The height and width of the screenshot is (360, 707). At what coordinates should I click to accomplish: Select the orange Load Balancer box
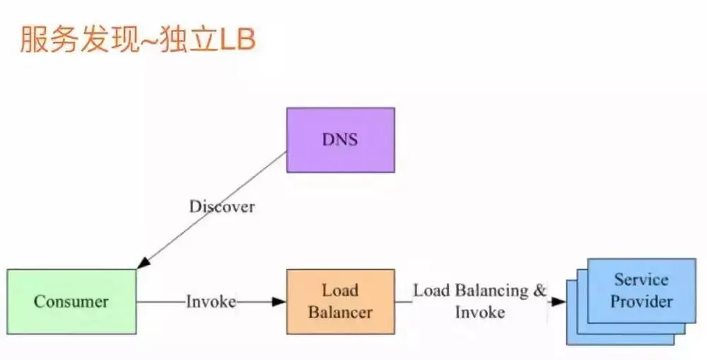[x=340, y=301]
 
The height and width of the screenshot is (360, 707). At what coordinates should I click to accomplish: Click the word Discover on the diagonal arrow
[x=222, y=207]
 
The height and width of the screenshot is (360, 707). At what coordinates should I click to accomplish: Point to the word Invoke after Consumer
[x=211, y=301]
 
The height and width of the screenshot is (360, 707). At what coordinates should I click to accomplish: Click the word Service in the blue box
[x=641, y=279]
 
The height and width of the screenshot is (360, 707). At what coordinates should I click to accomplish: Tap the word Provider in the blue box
[x=641, y=302]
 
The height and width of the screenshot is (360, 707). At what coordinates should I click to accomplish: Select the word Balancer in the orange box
[x=340, y=312]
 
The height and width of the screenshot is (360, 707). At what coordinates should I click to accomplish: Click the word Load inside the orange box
[x=340, y=290]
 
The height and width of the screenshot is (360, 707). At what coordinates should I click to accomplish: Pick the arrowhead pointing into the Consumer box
[x=144, y=262]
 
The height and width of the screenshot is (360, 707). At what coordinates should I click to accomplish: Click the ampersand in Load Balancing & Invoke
[x=540, y=291]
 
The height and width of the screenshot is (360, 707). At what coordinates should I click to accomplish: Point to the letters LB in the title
[x=238, y=40]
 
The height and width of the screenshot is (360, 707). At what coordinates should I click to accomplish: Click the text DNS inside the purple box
[x=340, y=139]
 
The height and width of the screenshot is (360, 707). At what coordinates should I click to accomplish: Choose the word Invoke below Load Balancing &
[x=480, y=312]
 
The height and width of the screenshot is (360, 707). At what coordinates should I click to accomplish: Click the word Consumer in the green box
[x=71, y=302]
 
